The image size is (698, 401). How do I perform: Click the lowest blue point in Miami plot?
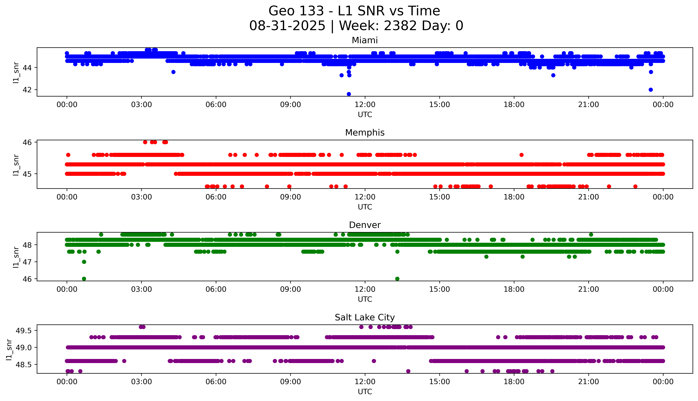click(x=349, y=94)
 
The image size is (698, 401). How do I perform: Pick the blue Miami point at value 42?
click(x=651, y=90)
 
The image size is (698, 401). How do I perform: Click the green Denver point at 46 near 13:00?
click(x=397, y=279)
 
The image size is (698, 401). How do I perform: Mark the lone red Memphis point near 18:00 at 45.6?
click(x=521, y=155)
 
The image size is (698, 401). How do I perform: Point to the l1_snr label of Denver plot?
click(x=16, y=257)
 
